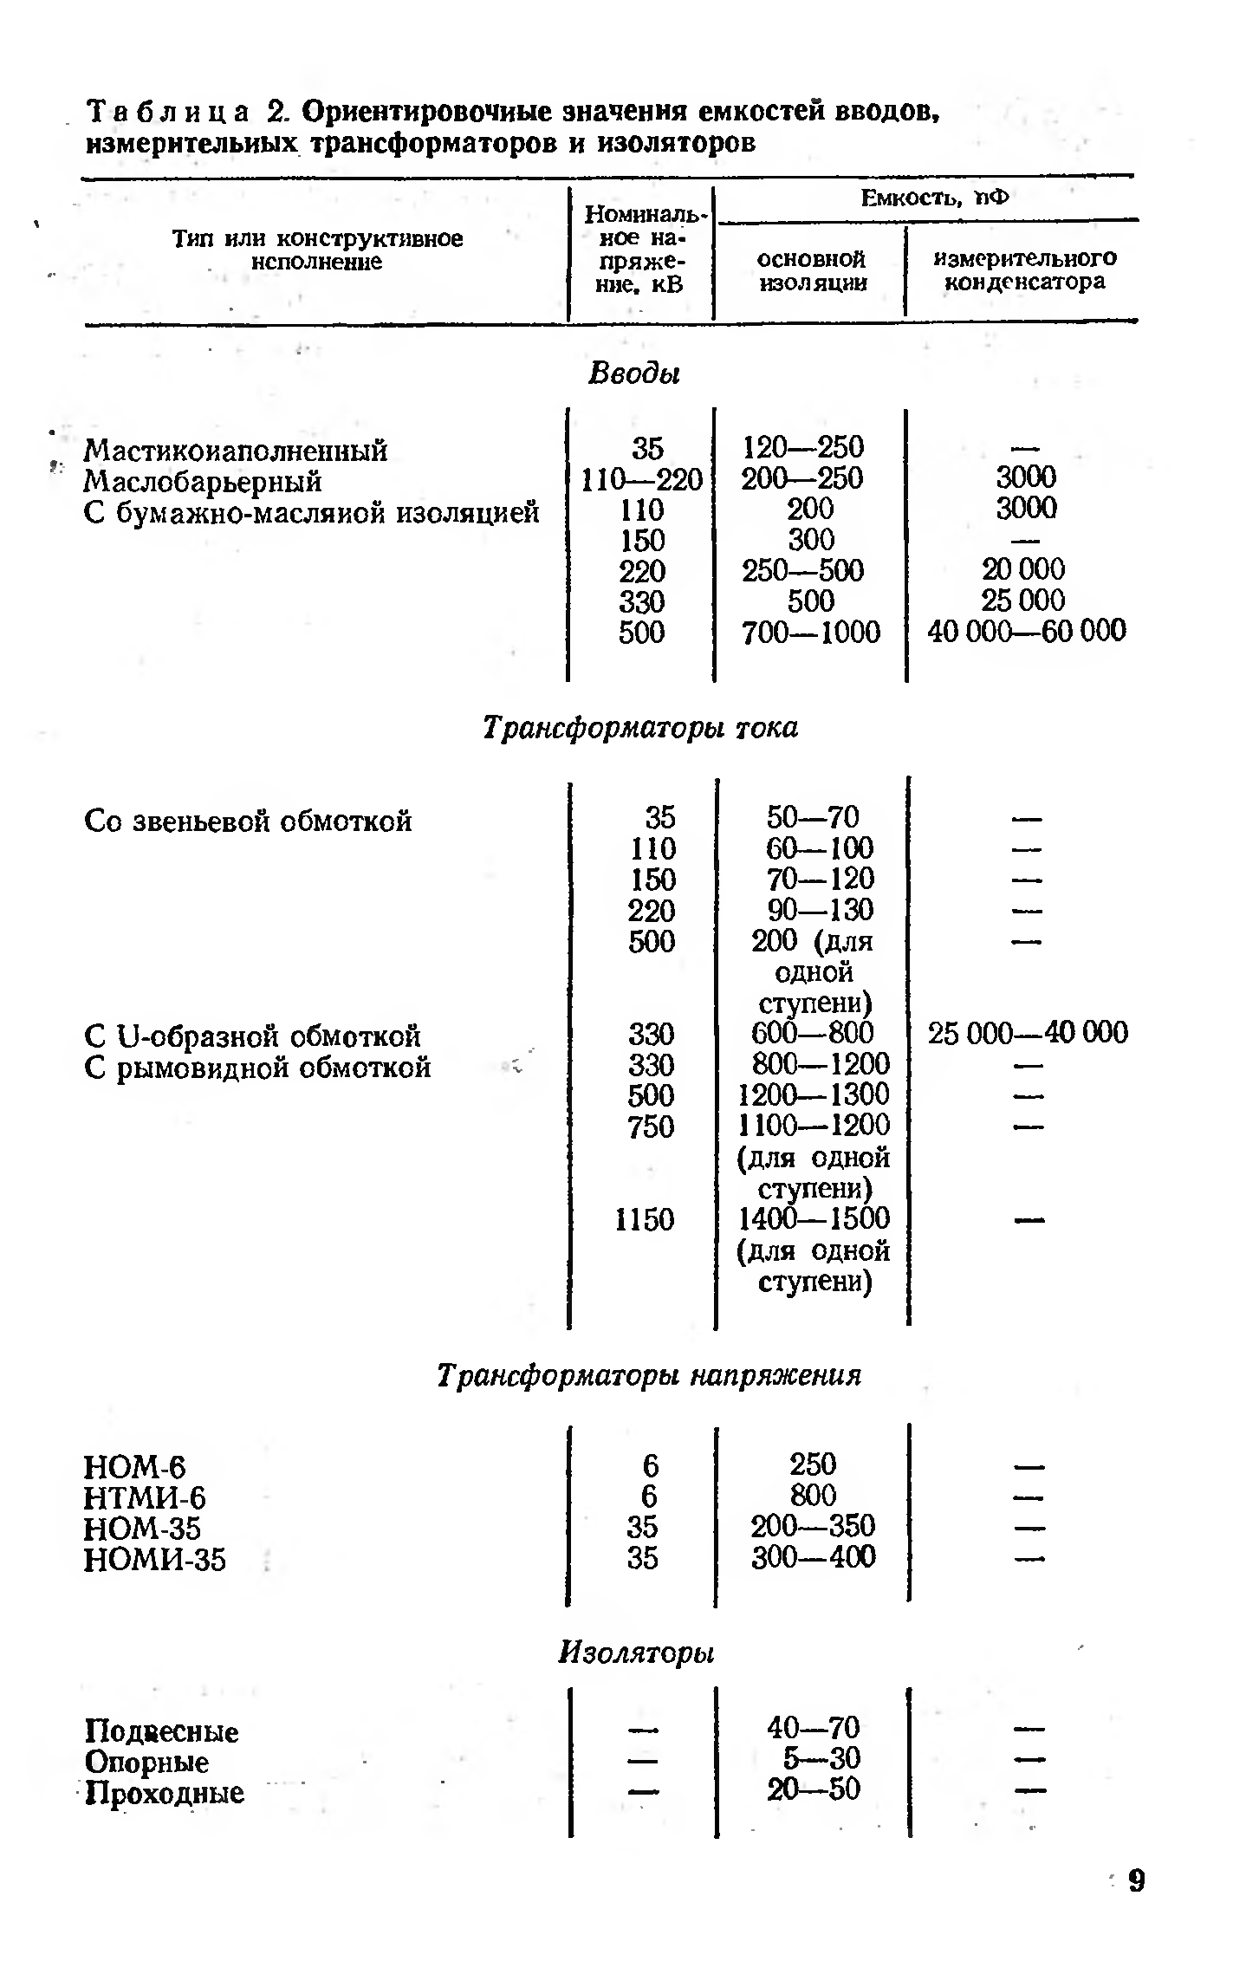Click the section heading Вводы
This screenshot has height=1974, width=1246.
(634, 373)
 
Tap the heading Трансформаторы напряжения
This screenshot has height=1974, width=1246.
(649, 1375)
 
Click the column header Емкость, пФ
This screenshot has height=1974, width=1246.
(934, 198)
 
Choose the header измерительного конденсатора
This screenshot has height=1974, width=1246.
(1024, 269)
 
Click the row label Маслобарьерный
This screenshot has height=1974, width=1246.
(203, 481)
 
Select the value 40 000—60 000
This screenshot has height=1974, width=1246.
(1026, 631)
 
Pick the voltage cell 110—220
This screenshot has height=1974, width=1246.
(641, 479)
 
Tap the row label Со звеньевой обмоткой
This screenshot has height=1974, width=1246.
(248, 820)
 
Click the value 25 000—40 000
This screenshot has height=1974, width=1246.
(1028, 1033)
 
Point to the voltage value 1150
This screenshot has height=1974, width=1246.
(644, 1219)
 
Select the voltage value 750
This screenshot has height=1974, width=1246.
(651, 1127)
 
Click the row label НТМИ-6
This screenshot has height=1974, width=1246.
(145, 1497)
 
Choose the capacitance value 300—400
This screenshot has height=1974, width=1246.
(813, 1557)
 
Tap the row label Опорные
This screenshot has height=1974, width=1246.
(146, 1762)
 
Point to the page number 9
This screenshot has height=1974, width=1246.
(1136, 1906)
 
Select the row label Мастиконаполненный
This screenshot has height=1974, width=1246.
(236, 451)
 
